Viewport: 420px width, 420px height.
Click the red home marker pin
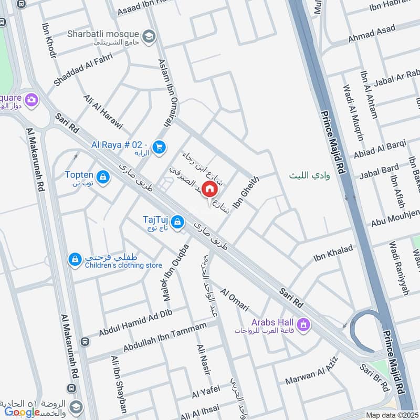(x=209, y=188)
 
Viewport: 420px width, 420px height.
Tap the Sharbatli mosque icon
(x=149, y=36)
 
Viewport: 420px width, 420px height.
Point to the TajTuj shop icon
(x=178, y=222)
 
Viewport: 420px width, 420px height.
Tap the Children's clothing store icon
(x=75, y=259)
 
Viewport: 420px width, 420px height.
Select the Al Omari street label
(x=234, y=299)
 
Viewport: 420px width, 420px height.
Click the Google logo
(x=23, y=412)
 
